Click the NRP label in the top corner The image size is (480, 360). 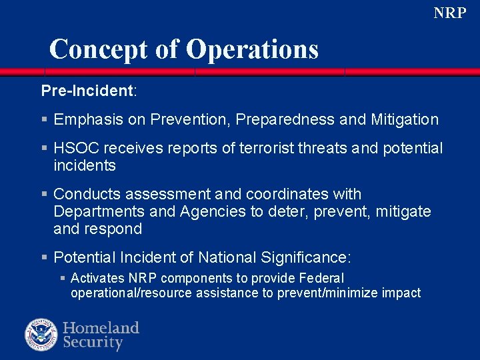tap(450, 13)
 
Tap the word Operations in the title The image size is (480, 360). tap(253, 49)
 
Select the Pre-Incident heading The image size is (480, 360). tap(88, 90)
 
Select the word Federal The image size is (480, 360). tap(323, 278)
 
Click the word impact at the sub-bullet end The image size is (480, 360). tap(401, 293)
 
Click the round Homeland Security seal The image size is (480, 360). tap(41, 335)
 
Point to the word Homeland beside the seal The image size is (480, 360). tap(101, 328)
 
